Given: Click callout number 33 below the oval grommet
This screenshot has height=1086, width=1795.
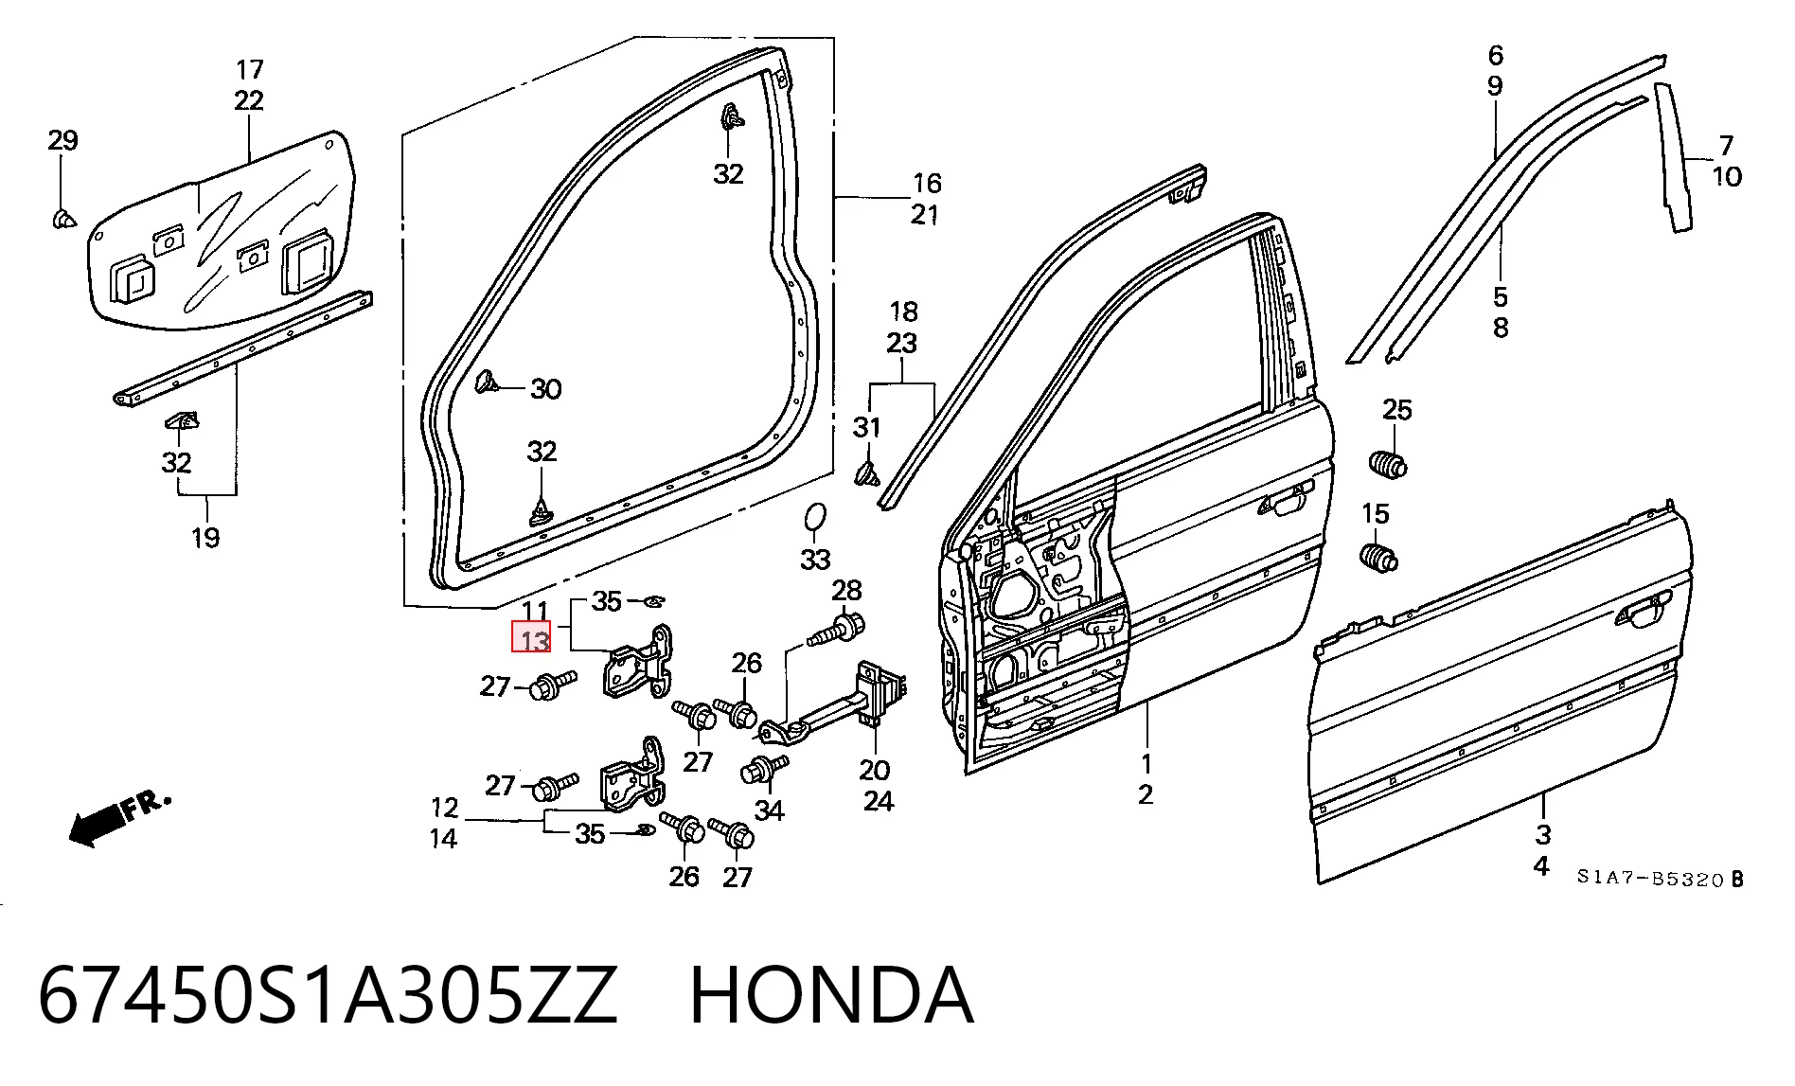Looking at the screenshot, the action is [x=815, y=560].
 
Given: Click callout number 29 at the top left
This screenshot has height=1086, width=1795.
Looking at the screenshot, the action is [x=62, y=141].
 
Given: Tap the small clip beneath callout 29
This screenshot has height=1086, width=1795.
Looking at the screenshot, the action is [x=62, y=220].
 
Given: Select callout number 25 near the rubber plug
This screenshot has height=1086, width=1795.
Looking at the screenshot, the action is [x=1397, y=410].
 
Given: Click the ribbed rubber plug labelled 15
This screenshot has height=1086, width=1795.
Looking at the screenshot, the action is [x=1378, y=558].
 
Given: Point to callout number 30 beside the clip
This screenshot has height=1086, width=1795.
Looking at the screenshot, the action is [x=545, y=389].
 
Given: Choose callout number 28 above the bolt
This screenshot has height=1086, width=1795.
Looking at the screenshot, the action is [x=846, y=591].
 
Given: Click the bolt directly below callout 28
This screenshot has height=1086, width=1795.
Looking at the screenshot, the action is [x=833, y=630].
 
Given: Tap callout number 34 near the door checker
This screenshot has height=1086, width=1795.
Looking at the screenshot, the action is [x=769, y=810].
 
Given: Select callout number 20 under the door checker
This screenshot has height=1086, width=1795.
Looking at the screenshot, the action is [x=875, y=770].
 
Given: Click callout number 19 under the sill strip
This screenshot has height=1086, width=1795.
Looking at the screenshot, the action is [x=204, y=538].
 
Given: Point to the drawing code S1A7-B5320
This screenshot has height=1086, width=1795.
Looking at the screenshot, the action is [x=1651, y=879].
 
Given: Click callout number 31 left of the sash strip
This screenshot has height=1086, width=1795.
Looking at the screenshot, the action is [x=866, y=428].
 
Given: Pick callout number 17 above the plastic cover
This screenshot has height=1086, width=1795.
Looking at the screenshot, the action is [x=249, y=69].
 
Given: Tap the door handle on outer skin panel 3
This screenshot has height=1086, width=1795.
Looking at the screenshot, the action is [x=1644, y=611].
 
